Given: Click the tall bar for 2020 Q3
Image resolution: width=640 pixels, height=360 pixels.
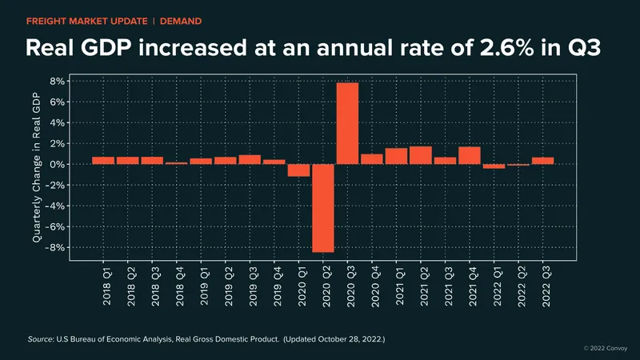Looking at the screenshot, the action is pos(347,123).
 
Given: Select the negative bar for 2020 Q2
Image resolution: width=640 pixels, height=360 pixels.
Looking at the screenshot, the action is pos(323,208).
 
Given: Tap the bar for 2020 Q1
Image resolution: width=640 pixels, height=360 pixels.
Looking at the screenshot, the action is pos(298,170).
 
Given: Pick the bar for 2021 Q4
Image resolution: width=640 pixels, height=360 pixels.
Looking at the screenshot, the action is pos(470,155).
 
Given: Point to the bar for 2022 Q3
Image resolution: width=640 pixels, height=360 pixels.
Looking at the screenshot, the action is pos(543,161).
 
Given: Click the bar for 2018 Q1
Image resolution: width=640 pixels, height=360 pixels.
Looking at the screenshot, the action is pos(103,161).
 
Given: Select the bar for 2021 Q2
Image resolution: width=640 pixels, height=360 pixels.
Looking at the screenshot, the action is pos(421,155).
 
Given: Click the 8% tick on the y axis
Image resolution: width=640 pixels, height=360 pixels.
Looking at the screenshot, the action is pos(58,82).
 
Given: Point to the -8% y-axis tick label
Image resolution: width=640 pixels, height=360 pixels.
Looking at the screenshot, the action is pos(55,247).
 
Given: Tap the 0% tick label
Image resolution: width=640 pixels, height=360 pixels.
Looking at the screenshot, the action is pos(57,164).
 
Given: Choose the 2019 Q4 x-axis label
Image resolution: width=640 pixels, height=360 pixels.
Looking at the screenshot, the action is pos(278,286).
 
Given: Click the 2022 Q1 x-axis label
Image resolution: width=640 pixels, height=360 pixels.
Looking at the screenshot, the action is pos(497,286).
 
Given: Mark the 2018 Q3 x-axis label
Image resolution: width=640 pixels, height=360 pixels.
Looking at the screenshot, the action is pos(155,286).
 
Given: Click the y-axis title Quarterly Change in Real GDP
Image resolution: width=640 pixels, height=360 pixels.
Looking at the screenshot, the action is pos(37,167).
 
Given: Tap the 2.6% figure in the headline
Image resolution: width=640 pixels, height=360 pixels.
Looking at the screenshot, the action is pos(507,48).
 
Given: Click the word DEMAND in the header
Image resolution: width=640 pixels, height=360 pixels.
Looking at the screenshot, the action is pos(181,22).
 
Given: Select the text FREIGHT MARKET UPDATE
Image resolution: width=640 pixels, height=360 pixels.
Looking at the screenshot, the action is pos(87,22).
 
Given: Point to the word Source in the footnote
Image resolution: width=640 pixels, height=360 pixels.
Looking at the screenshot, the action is pos(40,339).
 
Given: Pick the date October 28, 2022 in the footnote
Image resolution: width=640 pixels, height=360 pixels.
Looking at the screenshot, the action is pos(350,339).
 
